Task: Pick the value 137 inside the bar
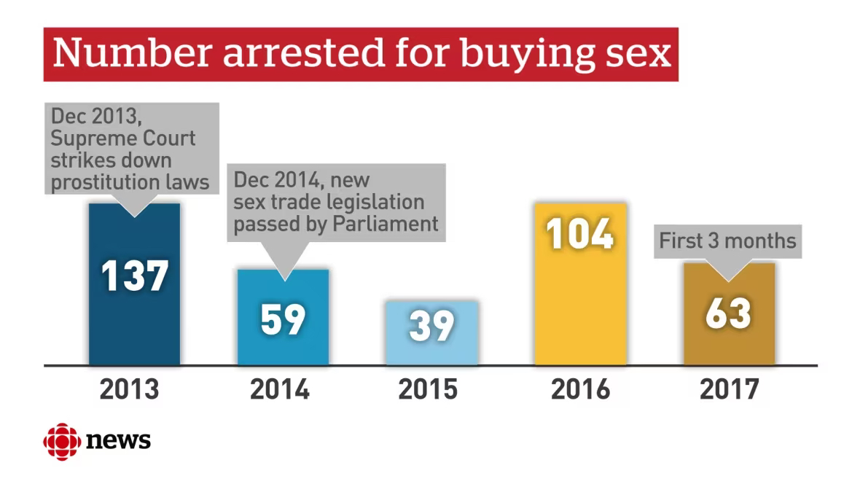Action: pos(134,276)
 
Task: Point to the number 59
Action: pos(283,319)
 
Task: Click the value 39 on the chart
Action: pos(431,326)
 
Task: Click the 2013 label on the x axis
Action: pos(129,389)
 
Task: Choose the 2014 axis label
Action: pos(280,389)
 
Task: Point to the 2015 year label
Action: pos(428,389)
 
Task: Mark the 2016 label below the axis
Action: pos(580,389)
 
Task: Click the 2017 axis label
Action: pos(729,389)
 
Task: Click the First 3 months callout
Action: pos(727,241)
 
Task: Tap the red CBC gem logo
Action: pos(61,440)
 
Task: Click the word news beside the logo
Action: pos(118,440)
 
